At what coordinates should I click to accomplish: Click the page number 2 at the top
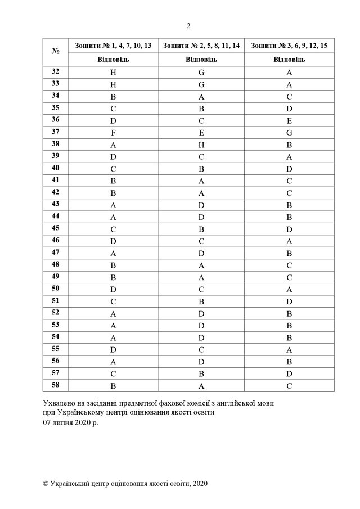[x=188, y=25]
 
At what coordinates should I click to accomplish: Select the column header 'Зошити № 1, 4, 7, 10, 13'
[x=113, y=45]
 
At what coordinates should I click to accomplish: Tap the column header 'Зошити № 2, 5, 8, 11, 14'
[x=201, y=45]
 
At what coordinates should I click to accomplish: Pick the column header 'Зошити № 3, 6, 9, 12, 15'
[x=289, y=45]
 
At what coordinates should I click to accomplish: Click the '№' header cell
[x=56, y=52]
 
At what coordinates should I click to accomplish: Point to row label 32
[x=56, y=71]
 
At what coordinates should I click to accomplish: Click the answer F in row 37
[x=113, y=132]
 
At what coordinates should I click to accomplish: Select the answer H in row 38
[x=201, y=143]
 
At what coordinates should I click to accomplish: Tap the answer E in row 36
[x=289, y=120]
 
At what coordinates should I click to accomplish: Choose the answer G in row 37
[x=289, y=132]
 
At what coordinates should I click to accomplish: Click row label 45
[x=56, y=228]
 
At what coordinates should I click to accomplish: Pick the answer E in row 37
[x=201, y=132]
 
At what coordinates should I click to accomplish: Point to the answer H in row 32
[x=113, y=72]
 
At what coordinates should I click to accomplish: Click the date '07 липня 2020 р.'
[x=70, y=421]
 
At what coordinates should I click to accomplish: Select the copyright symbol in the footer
[x=46, y=483]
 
